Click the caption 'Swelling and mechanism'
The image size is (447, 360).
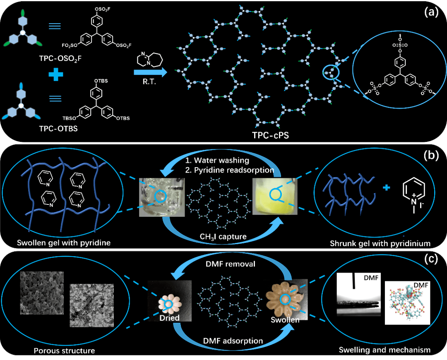[x=385, y=350]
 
